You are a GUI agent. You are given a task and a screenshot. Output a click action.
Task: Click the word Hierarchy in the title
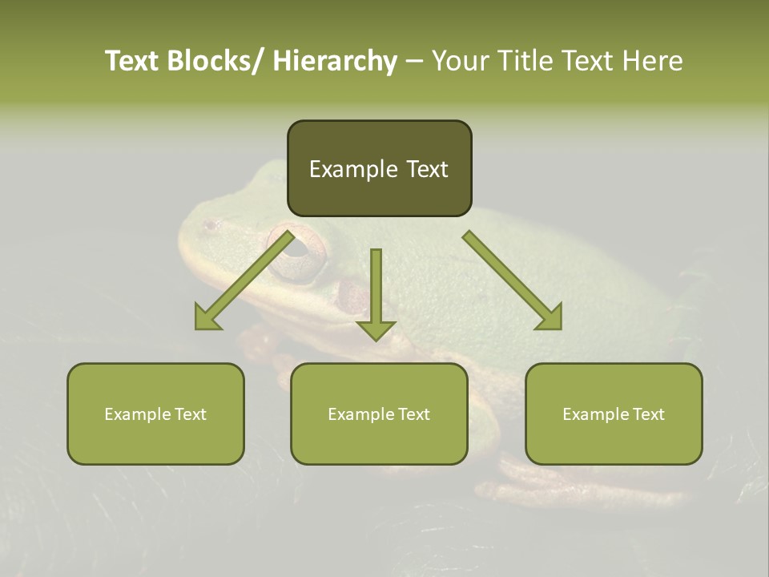[335, 61]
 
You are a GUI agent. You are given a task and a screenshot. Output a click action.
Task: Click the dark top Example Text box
[379, 168]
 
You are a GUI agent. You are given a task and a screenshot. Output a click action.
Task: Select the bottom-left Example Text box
[155, 414]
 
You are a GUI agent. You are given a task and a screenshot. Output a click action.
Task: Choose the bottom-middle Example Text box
[379, 414]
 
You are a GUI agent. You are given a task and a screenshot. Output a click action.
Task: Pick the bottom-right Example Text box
[614, 414]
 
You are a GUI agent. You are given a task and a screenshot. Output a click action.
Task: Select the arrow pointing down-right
[513, 280]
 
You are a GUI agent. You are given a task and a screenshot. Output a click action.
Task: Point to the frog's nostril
[211, 226]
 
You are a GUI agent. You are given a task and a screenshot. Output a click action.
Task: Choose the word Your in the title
[461, 61]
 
